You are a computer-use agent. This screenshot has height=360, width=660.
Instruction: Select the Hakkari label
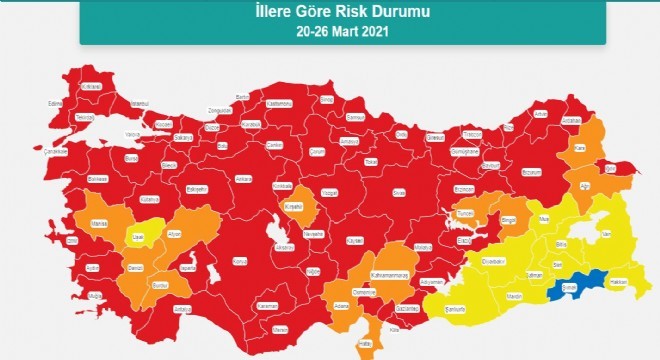coord(619,283)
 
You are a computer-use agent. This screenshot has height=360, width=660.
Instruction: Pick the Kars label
coord(578,148)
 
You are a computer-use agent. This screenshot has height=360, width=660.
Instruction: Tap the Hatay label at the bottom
coord(365,343)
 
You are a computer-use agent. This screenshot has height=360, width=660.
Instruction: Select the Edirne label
coord(56,102)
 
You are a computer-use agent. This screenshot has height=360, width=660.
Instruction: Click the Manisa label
coord(98,224)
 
